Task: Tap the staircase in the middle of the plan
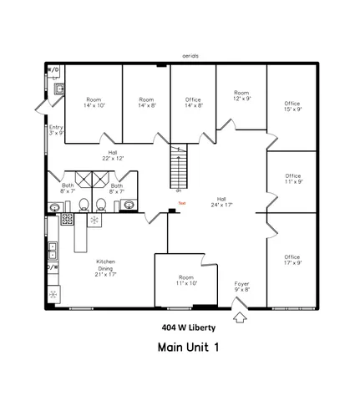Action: [x=176, y=169]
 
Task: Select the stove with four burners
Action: [x=68, y=221]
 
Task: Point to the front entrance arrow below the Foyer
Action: [x=241, y=316]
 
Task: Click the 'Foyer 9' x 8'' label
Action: [x=241, y=287]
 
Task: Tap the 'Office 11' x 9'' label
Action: [x=292, y=179]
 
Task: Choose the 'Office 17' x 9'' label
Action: [x=292, y=260]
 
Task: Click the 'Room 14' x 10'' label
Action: [x=94, y=102]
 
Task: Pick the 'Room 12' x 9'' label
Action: [x=241, y=95]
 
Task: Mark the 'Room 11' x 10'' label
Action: [x=186, y=280]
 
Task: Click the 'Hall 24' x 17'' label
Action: [x=221, y=201]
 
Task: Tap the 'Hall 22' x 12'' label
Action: [x=112, y=155]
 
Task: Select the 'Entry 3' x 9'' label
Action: [x=56, y=129]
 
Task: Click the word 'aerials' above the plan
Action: [x=190, y=56]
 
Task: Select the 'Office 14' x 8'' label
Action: [x=193, y=102]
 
